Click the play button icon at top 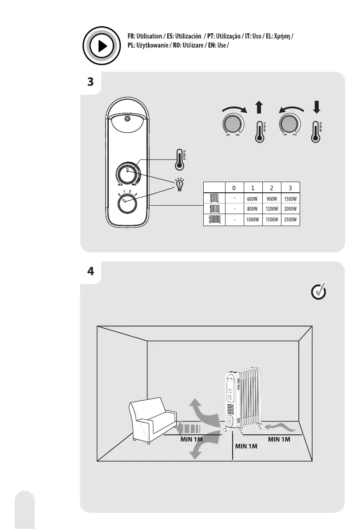[x=102, y=46]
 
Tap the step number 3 [x=91, y=82]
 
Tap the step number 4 [x=91, y=272]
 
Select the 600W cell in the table [x=253, y=198]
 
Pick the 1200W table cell [x=271, y=209]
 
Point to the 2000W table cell [x=290, y=209]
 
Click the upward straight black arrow [x=260, y=108]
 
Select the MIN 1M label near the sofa [x=192, y=439]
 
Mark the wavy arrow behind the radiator [x=281, y=427]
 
